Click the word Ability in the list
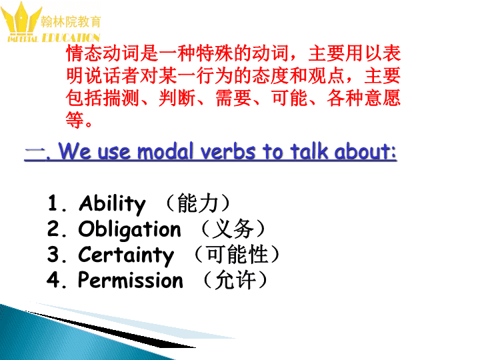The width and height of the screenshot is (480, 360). click(x=112, y=204)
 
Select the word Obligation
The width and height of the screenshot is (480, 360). click(x=129, y=230)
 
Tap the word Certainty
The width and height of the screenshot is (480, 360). click(x=126, y=255)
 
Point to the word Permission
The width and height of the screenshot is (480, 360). click(x=131, y=280)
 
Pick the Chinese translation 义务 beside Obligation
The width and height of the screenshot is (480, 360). click(x=233, y=229)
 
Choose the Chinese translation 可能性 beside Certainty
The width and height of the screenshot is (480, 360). click(x=237, y=255)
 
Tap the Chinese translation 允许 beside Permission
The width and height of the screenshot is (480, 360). click(x=236, y=280)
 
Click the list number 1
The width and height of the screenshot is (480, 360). click(x=53, y=203)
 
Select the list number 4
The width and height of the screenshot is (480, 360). click(x=53, y=279)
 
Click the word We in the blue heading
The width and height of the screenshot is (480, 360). click(x=75, y=151)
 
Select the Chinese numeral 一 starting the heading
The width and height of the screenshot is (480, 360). click(x=33, y=152)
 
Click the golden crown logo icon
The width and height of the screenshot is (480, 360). click(x=21, y=19)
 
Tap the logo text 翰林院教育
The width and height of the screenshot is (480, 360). click(x=71, y=22)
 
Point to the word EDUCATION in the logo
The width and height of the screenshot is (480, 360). click(x=71, y=37)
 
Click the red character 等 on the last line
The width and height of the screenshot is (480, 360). click(x=75, y=120)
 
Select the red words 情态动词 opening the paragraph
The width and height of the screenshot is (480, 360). click(x=103, y=53)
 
